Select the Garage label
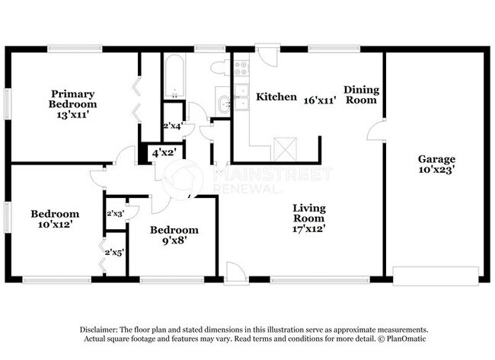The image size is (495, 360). click(436, 159)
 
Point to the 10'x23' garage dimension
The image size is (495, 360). click(436, 171)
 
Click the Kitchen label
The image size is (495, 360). click(276, 97)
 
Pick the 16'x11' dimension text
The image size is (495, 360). click(320, 100)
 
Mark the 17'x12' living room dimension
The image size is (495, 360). click(309, 235)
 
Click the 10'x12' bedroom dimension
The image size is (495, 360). click(54, 225)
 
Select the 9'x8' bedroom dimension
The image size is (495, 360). click(174, 241)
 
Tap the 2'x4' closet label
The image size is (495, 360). click(173, 126)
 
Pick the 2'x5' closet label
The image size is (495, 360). click(114, 252)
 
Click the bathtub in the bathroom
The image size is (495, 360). click(174, 77)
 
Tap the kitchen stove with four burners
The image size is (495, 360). click(241, 70)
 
